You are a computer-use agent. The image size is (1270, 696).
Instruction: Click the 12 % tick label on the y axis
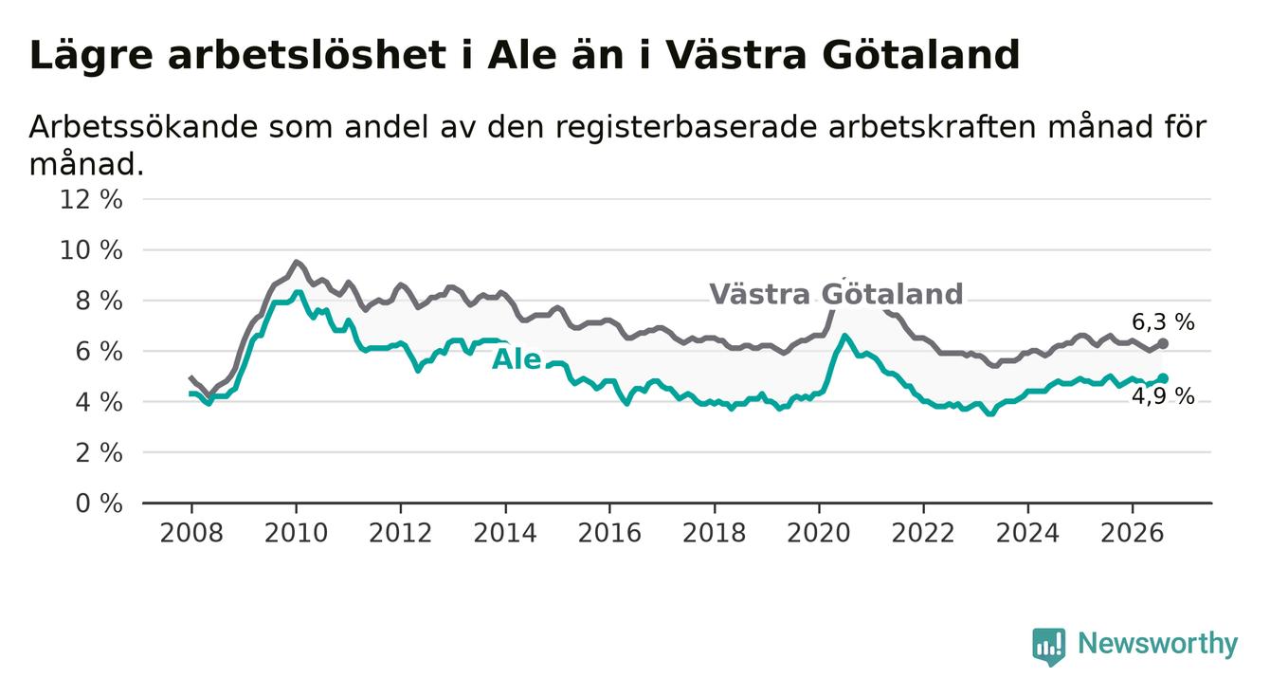click(91, 200)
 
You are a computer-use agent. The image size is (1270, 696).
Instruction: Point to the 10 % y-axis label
click(91, 250)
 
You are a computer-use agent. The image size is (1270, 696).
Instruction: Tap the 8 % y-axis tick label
click(100, 302)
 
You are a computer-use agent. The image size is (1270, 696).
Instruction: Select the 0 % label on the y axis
click(100, 504)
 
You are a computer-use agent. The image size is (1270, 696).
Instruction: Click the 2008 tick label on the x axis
click(191, 533)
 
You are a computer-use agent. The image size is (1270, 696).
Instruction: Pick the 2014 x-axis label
click(505, 533)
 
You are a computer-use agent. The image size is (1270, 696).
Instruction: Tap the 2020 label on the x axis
click(819, 533)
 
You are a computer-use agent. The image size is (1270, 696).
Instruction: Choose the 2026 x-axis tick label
click(1133, 533)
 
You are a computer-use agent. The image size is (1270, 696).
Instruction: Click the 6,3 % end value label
click(1164, 322)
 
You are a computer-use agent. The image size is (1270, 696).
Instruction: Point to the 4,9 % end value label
click(1164, 396)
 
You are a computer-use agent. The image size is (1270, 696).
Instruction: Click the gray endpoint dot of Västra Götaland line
click(1163, 344)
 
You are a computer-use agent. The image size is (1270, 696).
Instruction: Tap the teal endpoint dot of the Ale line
click(1163, 378)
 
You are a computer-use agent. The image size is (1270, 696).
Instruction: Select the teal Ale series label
click(517, 359)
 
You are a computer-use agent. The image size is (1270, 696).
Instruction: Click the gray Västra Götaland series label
click(836, 294)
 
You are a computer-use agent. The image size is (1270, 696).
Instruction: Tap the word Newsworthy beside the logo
click(1158, 644)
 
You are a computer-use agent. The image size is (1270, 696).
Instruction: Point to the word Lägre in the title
click(91, 57)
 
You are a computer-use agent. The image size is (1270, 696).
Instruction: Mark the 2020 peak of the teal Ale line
click(844, 336)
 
